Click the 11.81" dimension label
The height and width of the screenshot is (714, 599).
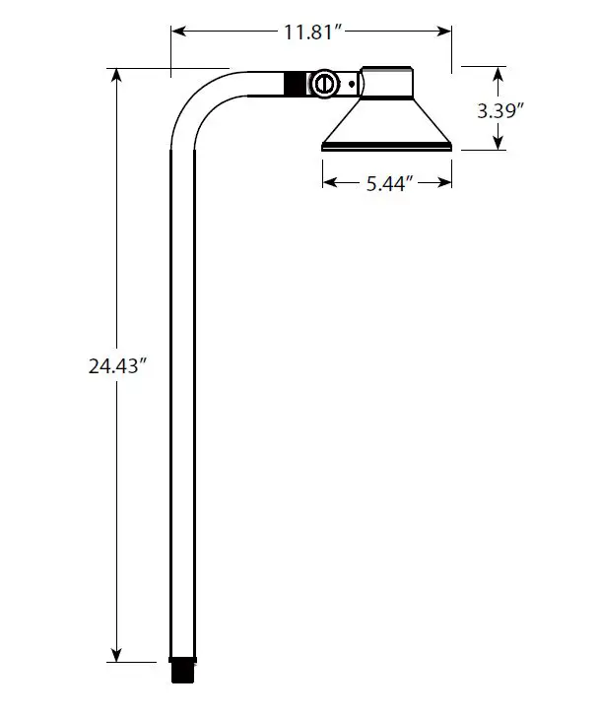pyautogui.click(x=312, y=32)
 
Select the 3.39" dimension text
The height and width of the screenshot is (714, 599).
pyautogui.click(x=499, y=109)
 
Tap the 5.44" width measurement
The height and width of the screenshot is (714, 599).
pyautogui.click(x=387, y=182)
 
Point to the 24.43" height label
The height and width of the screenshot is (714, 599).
pyautogui.click(x=118, y=365)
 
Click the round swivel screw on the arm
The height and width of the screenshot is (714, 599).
pyautogui.click(x=322, y=84)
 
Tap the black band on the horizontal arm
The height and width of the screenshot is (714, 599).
pyautogui.click(x=295, y=84)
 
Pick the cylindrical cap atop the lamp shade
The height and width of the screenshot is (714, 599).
pyautogui.click(x=385, y=83)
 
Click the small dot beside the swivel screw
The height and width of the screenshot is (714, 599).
pyautogui.click(x=350, y=85)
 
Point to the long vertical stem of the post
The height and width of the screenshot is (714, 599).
pyautogui.click(x=182, y=394)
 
